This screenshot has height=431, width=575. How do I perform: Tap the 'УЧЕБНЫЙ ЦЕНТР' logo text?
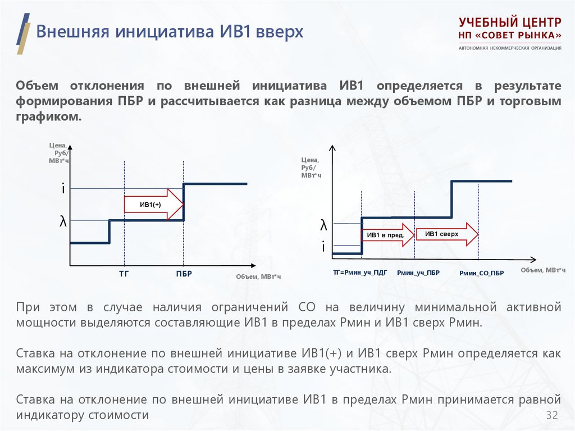(510, 24)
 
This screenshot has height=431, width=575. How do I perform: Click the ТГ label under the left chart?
(124, 274)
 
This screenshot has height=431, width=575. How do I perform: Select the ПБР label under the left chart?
(184, 274)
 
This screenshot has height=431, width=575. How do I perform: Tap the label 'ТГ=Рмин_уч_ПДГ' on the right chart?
(360, 272)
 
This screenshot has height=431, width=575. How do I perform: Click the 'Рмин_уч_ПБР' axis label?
(418, 273)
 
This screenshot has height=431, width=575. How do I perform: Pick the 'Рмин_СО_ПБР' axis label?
(481, 273)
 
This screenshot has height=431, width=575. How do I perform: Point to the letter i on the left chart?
(63, 189)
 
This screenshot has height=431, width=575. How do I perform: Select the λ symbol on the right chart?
(323, 226)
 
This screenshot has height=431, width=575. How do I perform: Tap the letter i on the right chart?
(323, 246)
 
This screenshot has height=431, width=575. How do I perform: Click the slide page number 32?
(552, 415)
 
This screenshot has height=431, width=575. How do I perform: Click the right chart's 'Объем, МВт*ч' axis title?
(543, 270)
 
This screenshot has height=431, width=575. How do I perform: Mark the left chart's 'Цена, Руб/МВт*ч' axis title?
(58, 153)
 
